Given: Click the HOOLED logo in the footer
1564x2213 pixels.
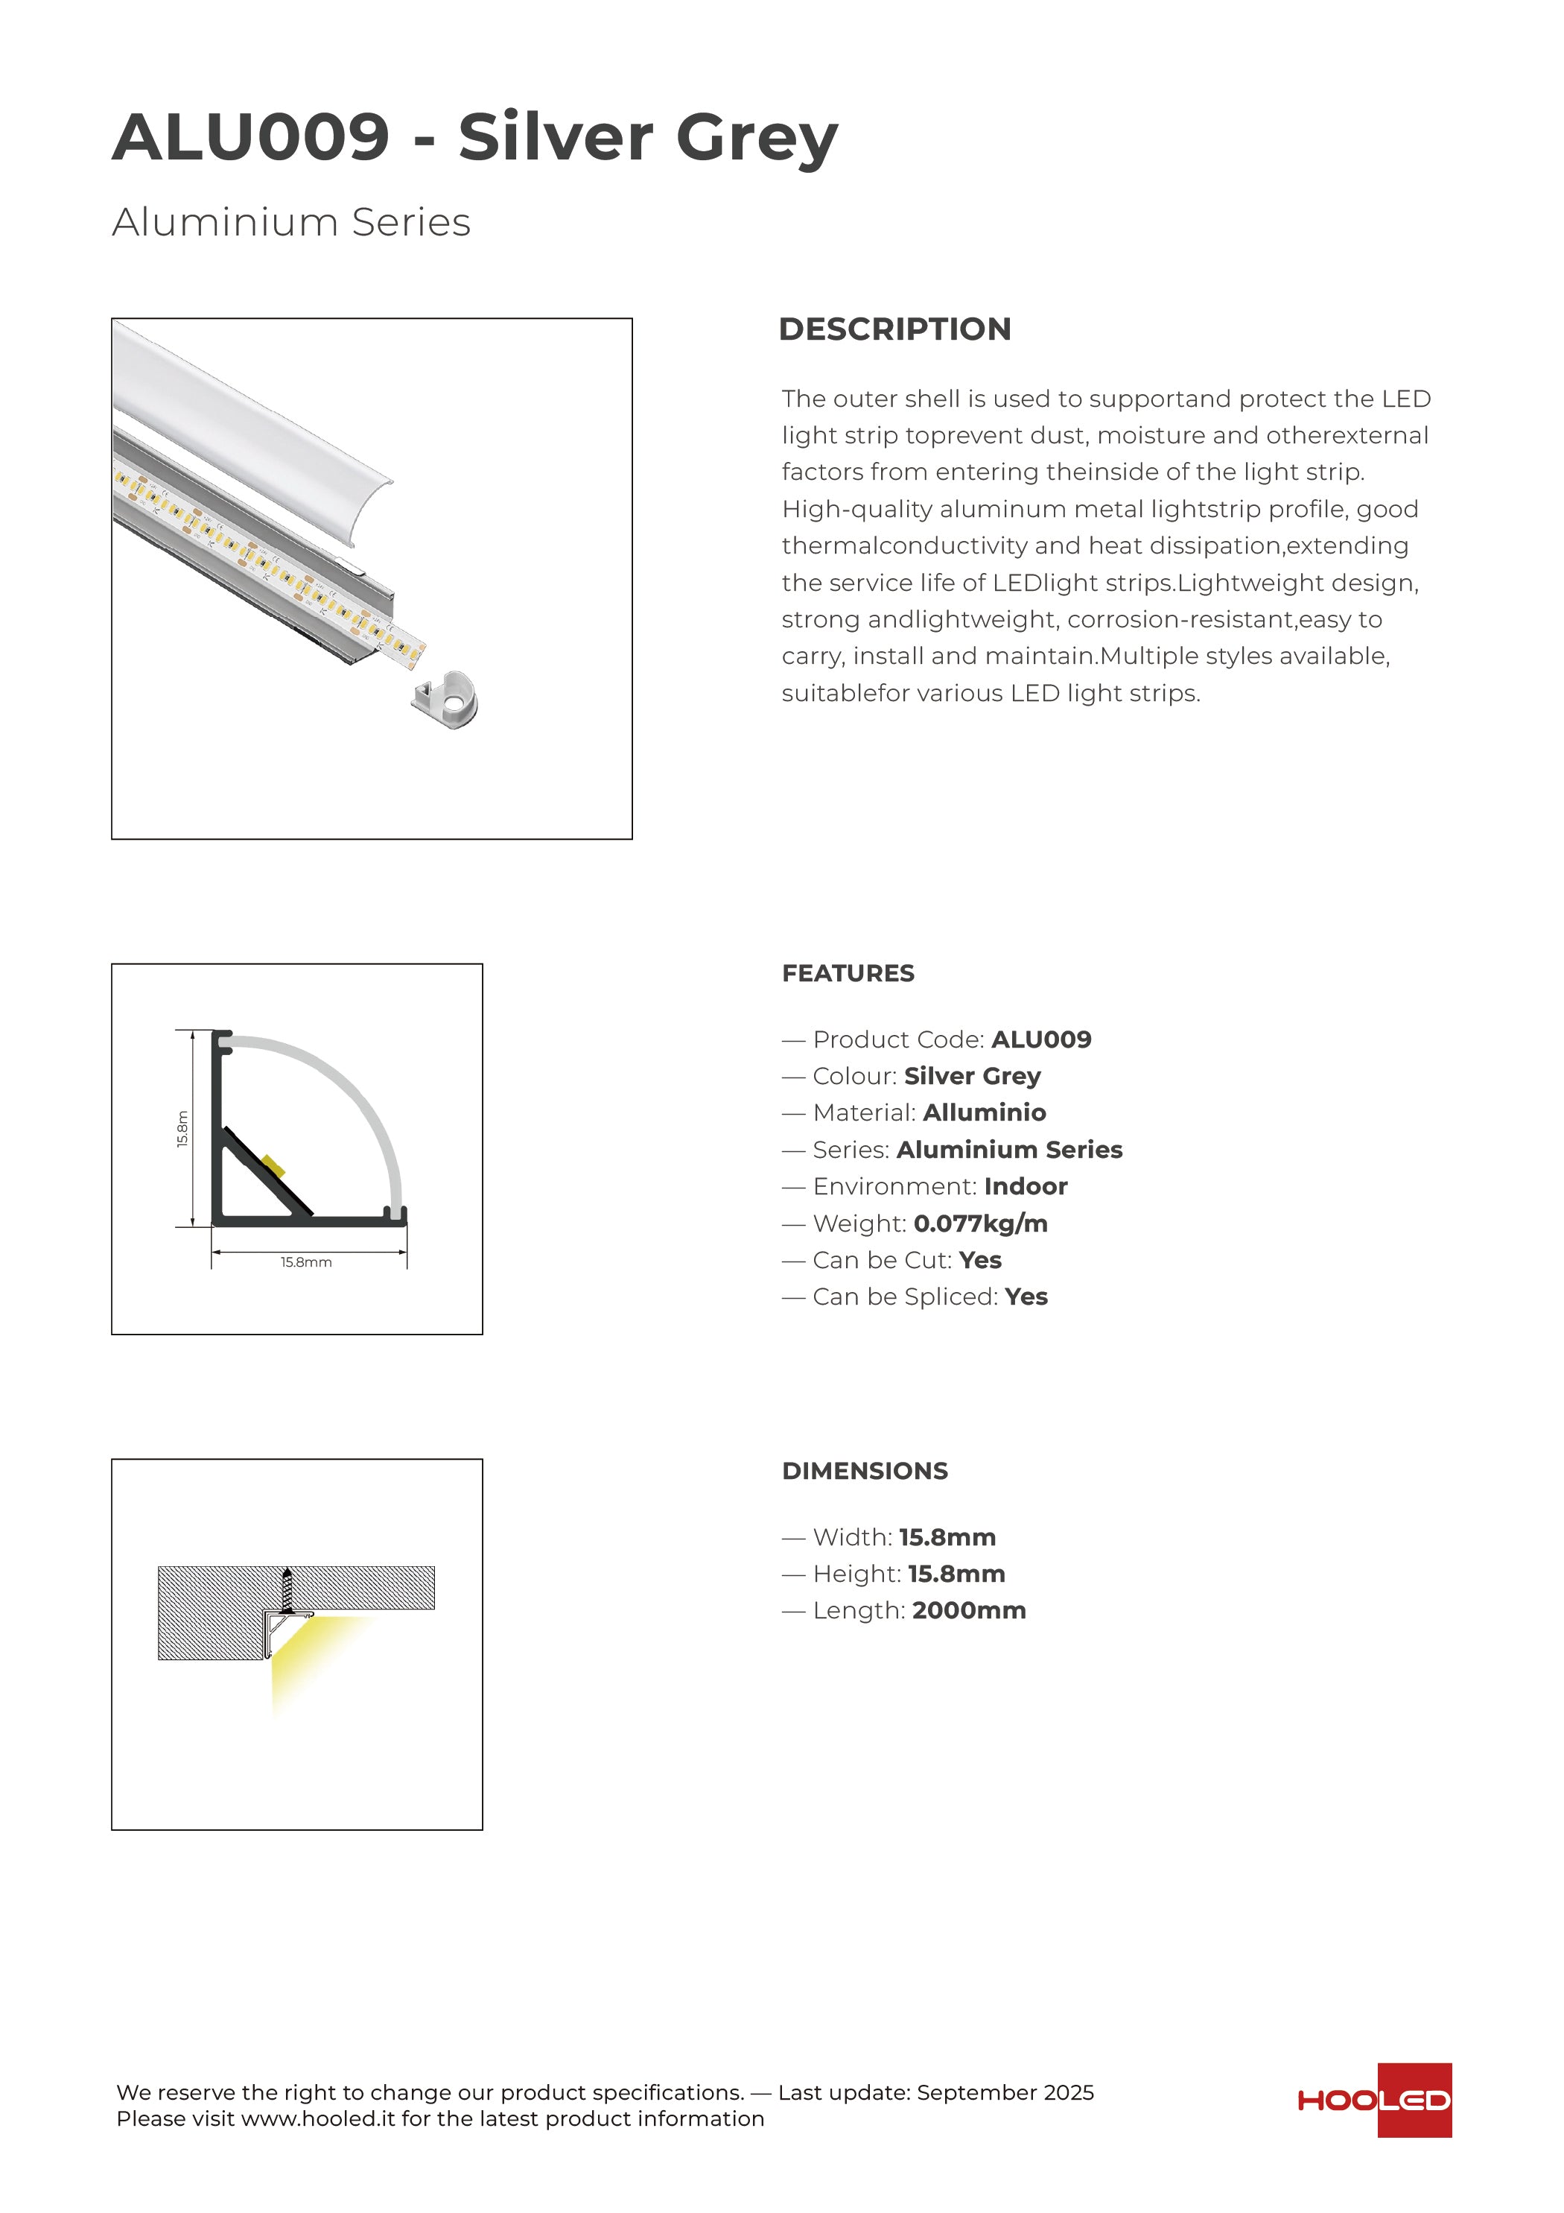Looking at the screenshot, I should pyautogui.click(x=1373, y=2101).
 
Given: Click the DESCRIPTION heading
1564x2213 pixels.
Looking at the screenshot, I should pyautogui.click(x=894, y=329).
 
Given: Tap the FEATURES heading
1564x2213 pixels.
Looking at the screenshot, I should pyautogui.click(x=848, y=973).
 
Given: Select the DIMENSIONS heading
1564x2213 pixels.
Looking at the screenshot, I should pyautogui.click(x=865, y=1471).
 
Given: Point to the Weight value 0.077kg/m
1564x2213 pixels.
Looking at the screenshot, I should pyautogui.click(x=980, y=1223).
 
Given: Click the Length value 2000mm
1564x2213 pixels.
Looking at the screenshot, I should pyautogui.click(x=968, y=1611).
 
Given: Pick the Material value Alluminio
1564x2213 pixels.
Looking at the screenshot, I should pyautogui.click(x=984, y=1112).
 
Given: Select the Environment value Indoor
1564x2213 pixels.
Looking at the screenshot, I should pyautogui.click(x=1026, y=1186).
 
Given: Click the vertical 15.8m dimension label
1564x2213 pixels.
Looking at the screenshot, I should pyautogui.click(x=183, y=1129).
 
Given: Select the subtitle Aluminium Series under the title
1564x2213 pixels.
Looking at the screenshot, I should pyautogui.click(x=291, y=222).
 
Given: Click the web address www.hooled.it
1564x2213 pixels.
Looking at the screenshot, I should pyautogui.click(x=318, y=2118).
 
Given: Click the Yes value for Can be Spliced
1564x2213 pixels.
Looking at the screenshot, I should pyautogui.click(x=1026, y=1297).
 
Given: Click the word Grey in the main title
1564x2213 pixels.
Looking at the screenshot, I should pyautogui.click(x=757, y=137).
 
